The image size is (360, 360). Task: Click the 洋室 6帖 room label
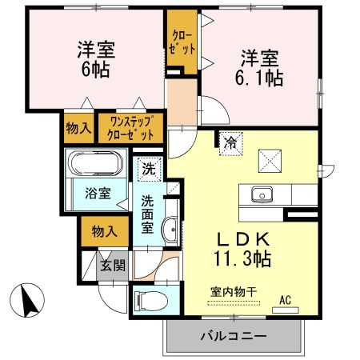[x=95, y=58]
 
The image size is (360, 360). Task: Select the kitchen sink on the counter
[x=262, y=195]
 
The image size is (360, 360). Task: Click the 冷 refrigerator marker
[x=230, y=143]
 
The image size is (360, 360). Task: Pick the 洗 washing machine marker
[x=149, y=170]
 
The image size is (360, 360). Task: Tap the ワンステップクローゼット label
[x=131, y=129]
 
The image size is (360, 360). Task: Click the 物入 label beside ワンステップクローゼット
[x=78, y=129]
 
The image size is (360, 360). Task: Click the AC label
[x=285, y=301]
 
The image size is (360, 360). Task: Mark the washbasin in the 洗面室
[x=170, y=232]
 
